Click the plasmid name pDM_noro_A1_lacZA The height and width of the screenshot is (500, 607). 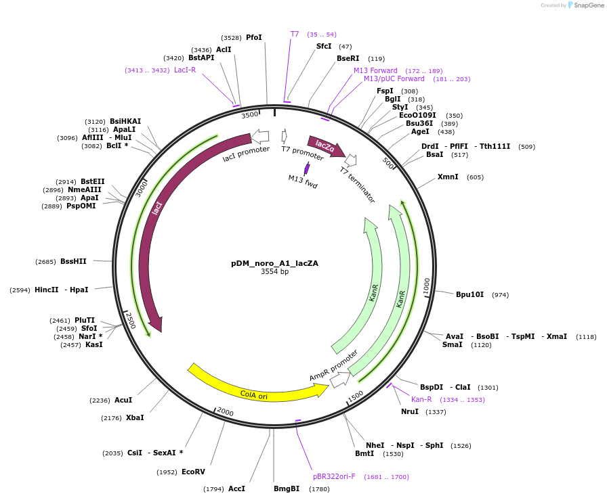[274, 263]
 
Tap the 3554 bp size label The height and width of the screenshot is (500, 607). [274, 272]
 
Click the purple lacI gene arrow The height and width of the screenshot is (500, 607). [152, 223]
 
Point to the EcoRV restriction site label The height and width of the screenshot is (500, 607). [193, 472]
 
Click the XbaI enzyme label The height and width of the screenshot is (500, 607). [135, 417]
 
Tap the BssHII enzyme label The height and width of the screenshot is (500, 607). [73, 261]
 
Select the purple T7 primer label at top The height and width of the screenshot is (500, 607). [295, 34]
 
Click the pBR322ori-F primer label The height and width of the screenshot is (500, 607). [334, 476]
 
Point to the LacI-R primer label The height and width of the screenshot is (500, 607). [185, 70]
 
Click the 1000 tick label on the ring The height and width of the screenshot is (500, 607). [427, 286]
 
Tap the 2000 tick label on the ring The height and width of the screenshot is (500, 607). [225, 412]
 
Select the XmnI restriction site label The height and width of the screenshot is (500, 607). [448, 177]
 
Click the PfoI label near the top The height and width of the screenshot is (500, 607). [253, 37]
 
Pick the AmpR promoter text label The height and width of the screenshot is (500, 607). [333, 365]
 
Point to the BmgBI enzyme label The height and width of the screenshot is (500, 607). [287, 488]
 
